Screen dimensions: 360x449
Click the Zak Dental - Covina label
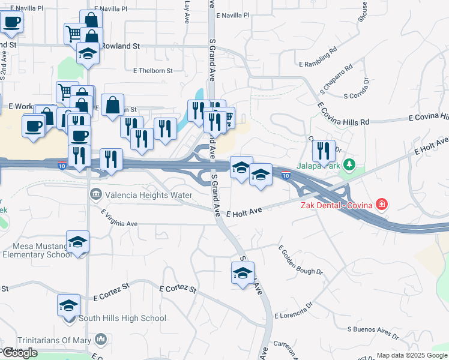click(337, 205)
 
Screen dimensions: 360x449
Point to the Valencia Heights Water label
click(148, 195)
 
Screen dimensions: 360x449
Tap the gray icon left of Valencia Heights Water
click(95, 194)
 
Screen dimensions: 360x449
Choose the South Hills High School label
click(122, 318)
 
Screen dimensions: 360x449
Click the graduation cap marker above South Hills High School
click(68, 305)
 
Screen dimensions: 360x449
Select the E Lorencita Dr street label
click(294, 310)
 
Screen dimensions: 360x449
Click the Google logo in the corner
click(19, 353)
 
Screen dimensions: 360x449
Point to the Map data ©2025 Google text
click(412, 355)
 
